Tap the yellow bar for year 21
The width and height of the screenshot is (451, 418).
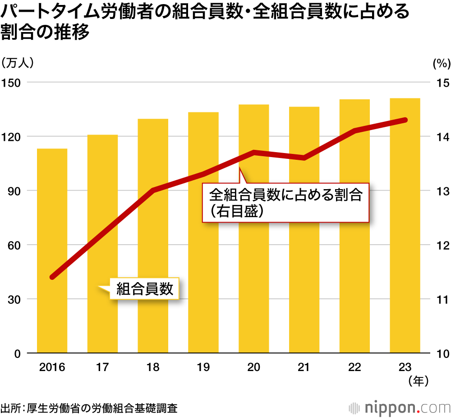pyautogui.click(x=304, y=230)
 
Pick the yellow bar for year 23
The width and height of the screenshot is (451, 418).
pyautogui.click(x=405, y=225)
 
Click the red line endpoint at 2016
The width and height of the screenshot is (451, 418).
pyautogui.click(x=52, y=277)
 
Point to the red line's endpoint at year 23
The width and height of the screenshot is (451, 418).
pyautogui.click(x=405, y=120)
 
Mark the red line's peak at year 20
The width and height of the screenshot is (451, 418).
pyautogui.click(x=254, y=153)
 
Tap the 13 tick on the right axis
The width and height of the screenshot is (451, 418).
pyautogui.click(x=440, y=191)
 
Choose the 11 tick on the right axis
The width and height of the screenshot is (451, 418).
pyautogui.click(x=440, y=299)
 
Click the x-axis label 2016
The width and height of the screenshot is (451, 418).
pyautogui.click(x=52, y=367)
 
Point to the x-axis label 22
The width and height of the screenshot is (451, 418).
pyautogui.click(x=354, y=367)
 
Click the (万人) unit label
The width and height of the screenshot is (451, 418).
pyautogui.click(x=18, y=63)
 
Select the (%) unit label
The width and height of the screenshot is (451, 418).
pyautogui.click(x=441, y=64)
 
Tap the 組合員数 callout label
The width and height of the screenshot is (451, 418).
pyautogui.click(x=145, y=288)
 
